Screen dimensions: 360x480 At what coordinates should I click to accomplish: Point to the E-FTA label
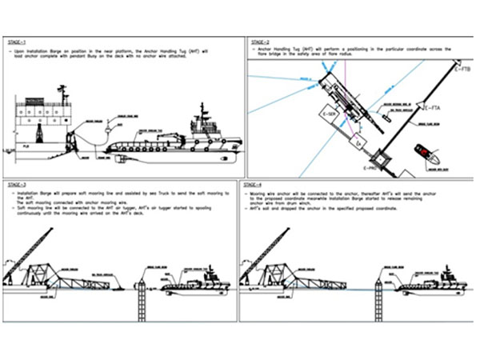tap(431, 107)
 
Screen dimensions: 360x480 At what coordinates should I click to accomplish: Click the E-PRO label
tap(370, 169)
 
